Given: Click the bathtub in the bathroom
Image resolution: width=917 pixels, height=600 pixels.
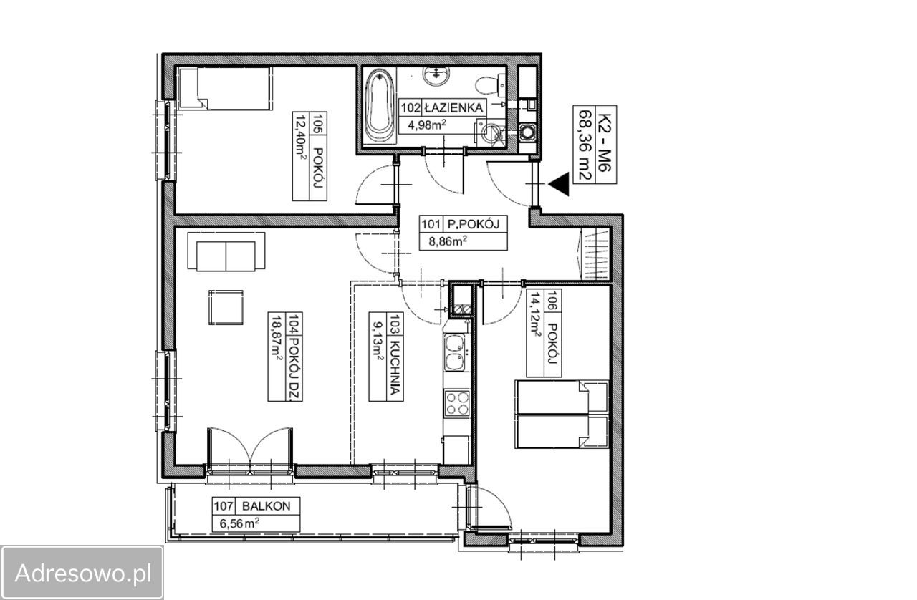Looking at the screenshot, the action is point(380,106).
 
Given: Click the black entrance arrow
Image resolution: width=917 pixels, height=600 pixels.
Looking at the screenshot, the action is point(559,184).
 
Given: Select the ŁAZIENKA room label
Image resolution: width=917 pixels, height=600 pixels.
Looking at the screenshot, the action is point(453,108).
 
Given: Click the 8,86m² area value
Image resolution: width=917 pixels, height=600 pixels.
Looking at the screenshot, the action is point(448,241).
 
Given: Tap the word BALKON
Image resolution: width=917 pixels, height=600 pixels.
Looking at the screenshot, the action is point(266,506).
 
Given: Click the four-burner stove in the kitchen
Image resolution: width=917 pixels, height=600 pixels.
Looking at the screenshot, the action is point(457,403).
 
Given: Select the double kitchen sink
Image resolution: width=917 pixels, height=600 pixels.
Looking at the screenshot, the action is point(455,353).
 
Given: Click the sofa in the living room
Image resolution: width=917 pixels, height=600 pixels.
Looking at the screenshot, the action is point(226,251).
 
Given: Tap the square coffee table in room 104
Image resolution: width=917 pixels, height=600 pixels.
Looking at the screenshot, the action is point(226,307).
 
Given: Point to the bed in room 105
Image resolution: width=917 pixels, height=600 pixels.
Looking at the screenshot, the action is point(225,88).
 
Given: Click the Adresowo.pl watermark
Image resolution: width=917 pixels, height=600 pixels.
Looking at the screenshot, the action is point(83,573).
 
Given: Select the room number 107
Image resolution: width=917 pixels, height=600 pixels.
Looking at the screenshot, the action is point(224,506).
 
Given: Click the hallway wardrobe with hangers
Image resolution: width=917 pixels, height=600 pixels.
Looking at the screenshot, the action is point(595,254).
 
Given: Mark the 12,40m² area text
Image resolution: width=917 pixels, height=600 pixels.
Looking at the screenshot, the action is point(302,139).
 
